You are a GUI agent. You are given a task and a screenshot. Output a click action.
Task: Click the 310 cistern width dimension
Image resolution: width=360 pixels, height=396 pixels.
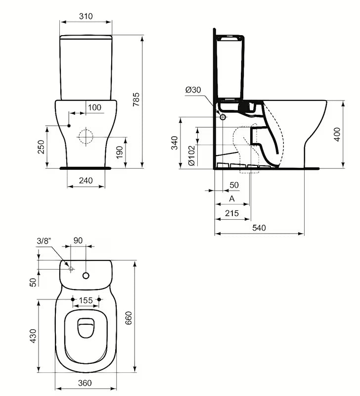point(86,16)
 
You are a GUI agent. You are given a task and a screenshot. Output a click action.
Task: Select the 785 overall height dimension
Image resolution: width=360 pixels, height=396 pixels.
point(136,101)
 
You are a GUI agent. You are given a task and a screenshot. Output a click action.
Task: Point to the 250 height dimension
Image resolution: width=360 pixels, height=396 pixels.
point(42,147)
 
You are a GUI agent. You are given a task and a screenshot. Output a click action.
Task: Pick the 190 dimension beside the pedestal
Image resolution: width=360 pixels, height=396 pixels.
point(119,152)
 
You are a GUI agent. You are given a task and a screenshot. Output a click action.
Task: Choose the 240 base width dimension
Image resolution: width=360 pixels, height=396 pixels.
point(86,181)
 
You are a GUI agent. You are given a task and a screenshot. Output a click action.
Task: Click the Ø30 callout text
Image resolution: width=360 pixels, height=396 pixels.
point(193,90)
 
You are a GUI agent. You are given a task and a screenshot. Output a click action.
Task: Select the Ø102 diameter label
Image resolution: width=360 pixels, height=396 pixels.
point(191,156)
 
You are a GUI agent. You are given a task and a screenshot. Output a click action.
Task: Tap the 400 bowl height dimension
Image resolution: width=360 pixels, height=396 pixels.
point(337,134)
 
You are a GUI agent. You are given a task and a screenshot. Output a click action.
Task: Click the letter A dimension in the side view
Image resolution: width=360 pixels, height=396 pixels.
point(232,198)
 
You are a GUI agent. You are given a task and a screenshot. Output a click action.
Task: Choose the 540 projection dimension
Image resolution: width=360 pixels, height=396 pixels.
point(259,228)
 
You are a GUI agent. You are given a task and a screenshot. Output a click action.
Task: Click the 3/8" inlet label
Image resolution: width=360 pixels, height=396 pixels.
point(44,241)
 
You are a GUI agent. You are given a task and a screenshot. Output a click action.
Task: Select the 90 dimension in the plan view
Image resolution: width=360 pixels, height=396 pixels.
point(78,241)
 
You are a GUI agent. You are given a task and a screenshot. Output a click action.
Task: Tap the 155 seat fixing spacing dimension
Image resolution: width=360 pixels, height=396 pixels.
point(86,300)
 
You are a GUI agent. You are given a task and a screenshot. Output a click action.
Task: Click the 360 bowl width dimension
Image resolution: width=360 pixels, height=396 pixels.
point(85,383)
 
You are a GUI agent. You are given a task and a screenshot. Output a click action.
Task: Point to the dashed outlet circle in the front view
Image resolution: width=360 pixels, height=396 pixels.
point(86,136)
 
